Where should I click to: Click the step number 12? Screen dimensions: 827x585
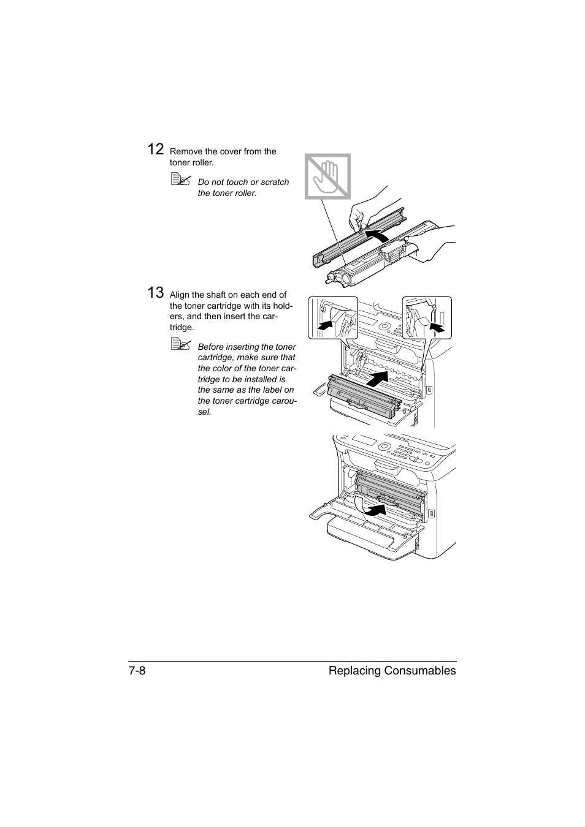coord(156,149)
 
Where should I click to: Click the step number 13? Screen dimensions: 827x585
coord(156,293)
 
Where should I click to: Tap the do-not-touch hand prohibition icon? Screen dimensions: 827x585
coord(328,176)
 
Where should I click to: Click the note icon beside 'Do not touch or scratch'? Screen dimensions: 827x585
coord(181,179)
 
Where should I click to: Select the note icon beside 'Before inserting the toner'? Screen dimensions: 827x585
coord(181,344)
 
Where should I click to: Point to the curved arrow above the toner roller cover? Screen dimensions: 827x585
coord(375,235)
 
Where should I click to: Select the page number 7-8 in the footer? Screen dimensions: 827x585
coord(137,671)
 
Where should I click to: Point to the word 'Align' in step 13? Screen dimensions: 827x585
coord(179,295)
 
